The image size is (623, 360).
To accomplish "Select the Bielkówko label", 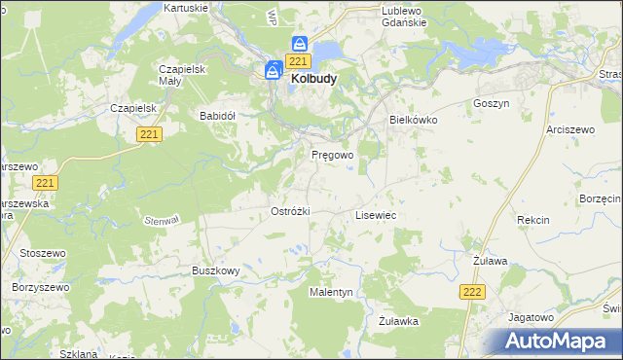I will click(x=414, y=119).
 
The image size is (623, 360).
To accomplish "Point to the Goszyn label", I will click(x=491, y=102).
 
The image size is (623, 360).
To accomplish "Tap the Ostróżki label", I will click(x=290, y=211).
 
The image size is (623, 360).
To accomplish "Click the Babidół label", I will click(x=218, y=115).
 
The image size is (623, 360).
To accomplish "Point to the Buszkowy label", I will click(x=216, y=270).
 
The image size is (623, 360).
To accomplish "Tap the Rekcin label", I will click(x=533, y=220).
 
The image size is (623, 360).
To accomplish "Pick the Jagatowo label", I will click(x=531, y=317).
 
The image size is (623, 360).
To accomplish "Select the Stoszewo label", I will click(x=40, y=254).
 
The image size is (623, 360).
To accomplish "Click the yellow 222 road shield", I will click(x=472, y=292).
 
